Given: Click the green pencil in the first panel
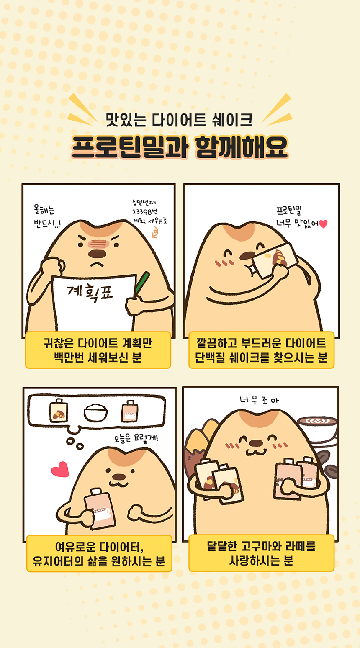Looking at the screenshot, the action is click(x=142, y=283).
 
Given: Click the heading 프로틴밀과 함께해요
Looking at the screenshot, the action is click(x=180, y=147).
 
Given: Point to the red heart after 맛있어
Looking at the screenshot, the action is click(x=323, y=224).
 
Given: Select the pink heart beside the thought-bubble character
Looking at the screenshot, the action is click(x=60, y=469).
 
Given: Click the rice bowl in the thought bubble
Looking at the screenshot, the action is click(x=96, y=413).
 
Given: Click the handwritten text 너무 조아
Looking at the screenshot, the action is click(x=259, y=400).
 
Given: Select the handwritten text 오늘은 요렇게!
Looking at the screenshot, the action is click(x=136, y=438).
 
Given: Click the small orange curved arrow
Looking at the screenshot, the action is click(x=156, y=232).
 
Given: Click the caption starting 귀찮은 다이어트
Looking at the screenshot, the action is click(x=98, y=350).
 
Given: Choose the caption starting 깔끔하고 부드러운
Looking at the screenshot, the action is click(x=261, y=350).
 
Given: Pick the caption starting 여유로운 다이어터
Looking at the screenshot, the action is click(x=99, y=554).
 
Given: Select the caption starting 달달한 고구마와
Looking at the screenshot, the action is click(x=261, y=553).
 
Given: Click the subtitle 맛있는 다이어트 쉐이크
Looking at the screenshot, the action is click(x=179, y=120).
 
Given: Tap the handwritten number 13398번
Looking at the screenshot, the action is click(x=145, y=212).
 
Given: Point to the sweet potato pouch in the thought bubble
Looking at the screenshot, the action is click(x=59, y=411).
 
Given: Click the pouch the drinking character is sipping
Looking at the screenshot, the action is click(x=275, y=260).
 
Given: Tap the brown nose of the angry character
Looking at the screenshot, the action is click(x=97, y=254).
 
